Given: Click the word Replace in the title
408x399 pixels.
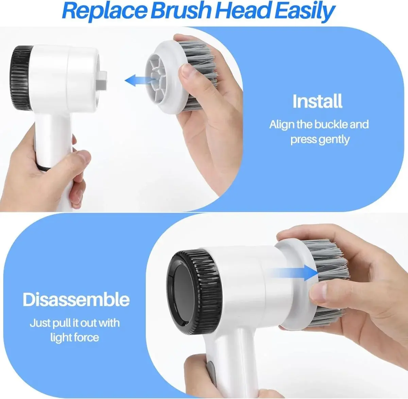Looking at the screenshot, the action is [105, 11].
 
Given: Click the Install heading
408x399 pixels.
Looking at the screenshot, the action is [317, 101].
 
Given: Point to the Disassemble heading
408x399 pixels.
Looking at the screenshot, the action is [76, 300].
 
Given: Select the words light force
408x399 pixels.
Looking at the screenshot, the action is [74, 337].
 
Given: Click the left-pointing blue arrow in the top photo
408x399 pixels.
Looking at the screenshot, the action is [140, 80].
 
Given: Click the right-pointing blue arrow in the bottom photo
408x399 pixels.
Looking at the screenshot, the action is [294, 273].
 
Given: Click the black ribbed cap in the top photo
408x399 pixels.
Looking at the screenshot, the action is [21, 78].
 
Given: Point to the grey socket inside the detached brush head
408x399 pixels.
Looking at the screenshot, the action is [157, 79].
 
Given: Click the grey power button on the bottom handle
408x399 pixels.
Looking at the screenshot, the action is [210, 373].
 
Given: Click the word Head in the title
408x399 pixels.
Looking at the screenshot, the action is [243, 10].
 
